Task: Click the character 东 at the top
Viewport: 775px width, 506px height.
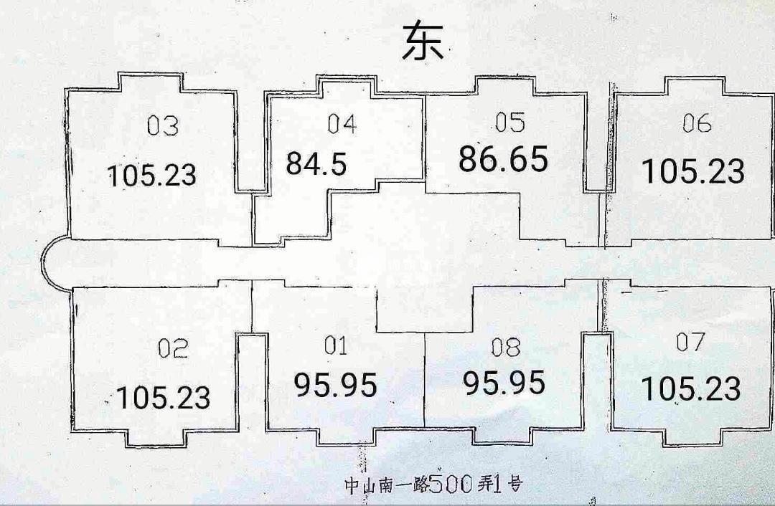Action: [423, 41]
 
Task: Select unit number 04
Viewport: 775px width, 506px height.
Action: [342, 124]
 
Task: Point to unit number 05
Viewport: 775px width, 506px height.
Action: [510, 123]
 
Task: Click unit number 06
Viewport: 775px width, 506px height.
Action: [696, 124]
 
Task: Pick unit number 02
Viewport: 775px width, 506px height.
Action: [173, 349]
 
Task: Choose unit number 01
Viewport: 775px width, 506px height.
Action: [336, 347]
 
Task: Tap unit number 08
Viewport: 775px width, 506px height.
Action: [506, 348]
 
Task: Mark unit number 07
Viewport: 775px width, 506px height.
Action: [691, 343]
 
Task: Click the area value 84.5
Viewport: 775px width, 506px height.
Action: [316, 163]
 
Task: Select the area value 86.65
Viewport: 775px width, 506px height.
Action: [503, 159]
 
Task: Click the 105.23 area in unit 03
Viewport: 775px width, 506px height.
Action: [151, 175]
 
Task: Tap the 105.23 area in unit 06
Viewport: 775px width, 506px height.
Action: [692, 172]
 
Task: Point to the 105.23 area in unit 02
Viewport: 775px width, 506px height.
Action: [163, 397]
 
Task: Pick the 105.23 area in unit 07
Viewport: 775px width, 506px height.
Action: [690, 389]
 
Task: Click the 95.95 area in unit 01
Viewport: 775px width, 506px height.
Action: [335, 386]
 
